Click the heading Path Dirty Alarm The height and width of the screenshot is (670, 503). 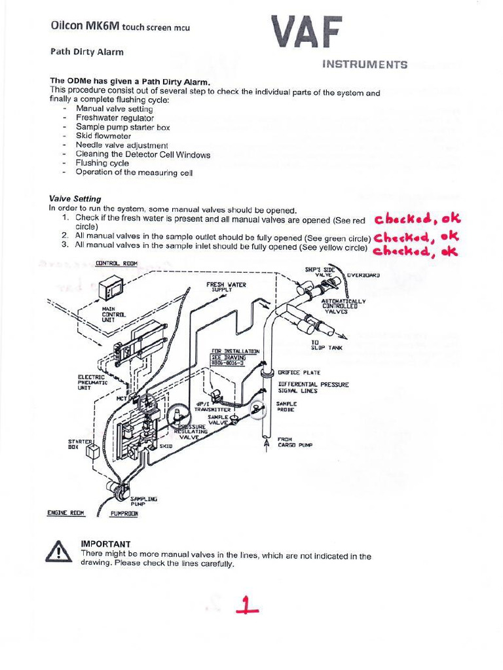pos(87,52)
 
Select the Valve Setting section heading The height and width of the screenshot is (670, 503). pos(75,198)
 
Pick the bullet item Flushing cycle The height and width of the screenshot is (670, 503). pos(102,163)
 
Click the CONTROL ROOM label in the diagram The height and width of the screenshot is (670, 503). pos(117,263)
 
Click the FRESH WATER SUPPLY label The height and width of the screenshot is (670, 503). pos(226,287)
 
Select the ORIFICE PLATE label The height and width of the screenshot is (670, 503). pos(299,372)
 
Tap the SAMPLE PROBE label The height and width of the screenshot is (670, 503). pos(287,406)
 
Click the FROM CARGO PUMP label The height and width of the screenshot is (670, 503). pos(294,442)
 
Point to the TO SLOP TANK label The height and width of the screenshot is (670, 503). pos(326,345)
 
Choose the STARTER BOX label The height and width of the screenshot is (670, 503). pos(77,444)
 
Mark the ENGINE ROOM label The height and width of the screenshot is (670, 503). pos(66,513)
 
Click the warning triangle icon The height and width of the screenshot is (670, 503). pos(59,552)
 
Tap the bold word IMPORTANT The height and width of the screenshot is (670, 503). pos(105,544)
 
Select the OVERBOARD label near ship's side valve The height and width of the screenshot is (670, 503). pos(363,275)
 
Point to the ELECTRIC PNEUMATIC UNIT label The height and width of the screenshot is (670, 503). pos(91,382)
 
